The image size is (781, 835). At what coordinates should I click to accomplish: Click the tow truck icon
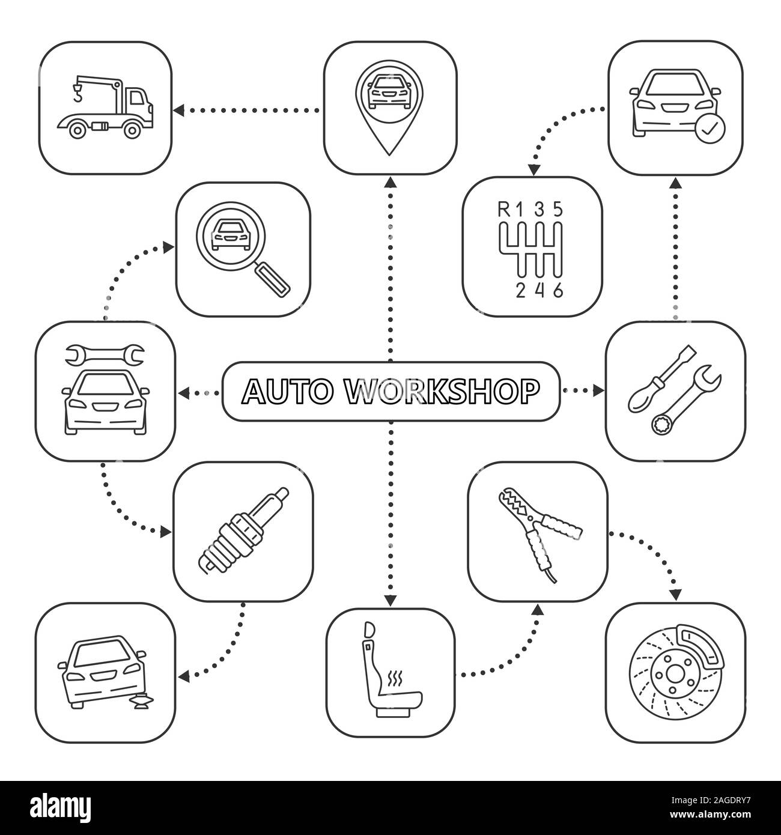click(x=106, y=108)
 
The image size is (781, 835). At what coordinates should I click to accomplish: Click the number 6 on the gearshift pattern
click(x=559, y=290)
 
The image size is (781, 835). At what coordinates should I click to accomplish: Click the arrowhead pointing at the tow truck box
click(x=178, y=110)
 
